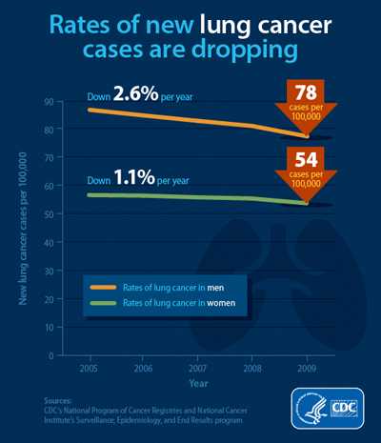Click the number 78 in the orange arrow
point(306,91)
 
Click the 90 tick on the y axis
point(49,101)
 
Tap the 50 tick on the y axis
point(49,214)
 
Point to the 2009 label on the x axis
point(307,367)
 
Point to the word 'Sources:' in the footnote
point(59,401)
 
